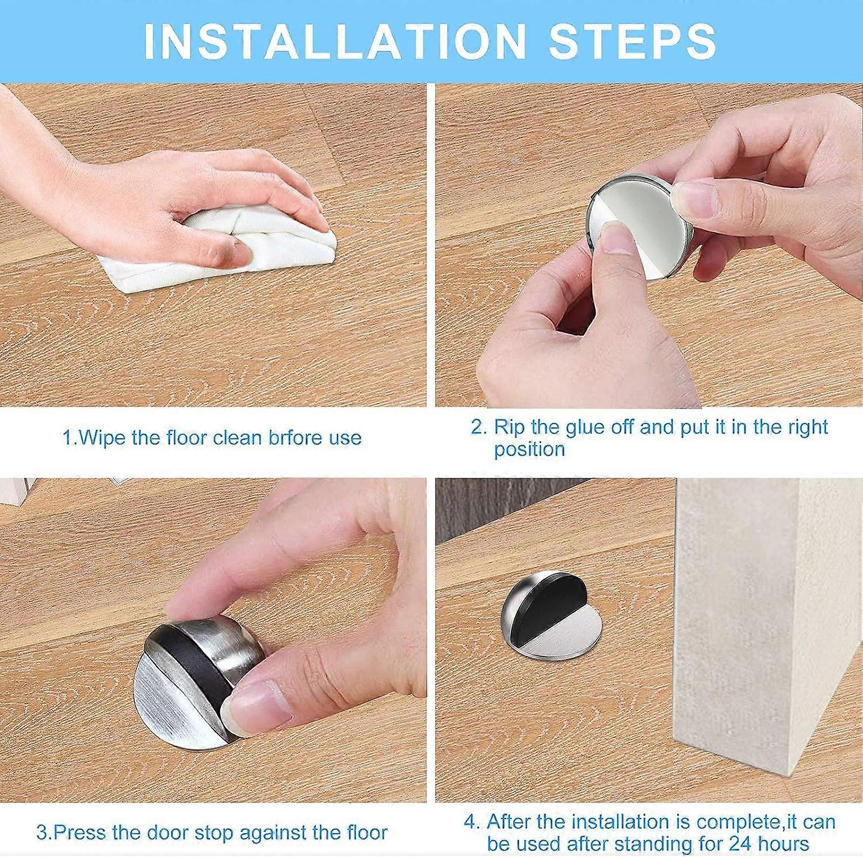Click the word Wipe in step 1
pos(102,438)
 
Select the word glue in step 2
pos(584,427)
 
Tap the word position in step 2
pos(529,449)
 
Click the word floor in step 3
pos(360,832)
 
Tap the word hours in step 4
pos(781,844)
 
